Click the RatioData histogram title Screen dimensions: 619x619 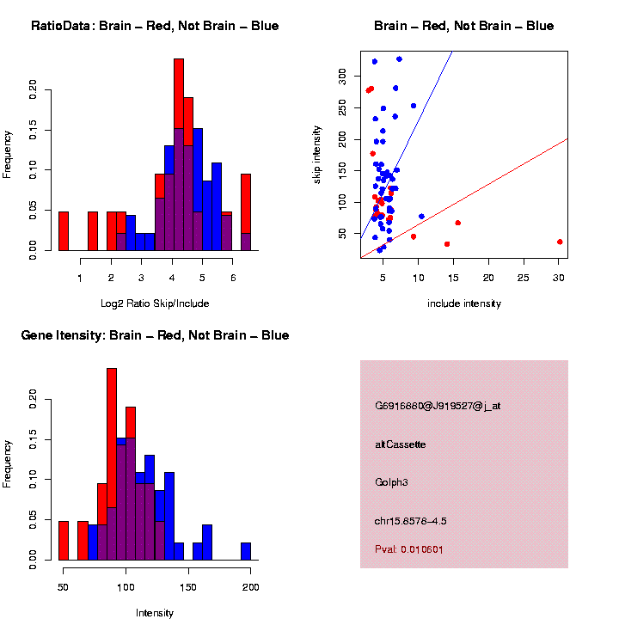pos(155,26)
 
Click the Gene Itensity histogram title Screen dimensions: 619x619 pos(155,335)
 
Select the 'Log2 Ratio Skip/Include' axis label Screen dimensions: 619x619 pos(155,303)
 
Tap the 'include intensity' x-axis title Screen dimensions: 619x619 pos(464,303)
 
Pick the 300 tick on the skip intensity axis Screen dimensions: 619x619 pos(342,76)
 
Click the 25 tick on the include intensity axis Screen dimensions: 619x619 pos(524,278)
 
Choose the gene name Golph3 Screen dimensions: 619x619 pos(391,482)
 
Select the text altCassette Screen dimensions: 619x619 pos(401,444)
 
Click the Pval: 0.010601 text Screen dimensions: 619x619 pos(409,549)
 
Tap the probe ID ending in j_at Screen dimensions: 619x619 pos(438,406)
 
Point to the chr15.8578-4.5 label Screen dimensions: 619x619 pos(411,521)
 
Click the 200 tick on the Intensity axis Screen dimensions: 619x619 pos(250,587)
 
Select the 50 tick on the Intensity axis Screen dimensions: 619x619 pos(64,587)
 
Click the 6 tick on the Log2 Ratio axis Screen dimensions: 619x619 pos(232,278)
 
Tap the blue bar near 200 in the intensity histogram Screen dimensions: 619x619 pos(246,551)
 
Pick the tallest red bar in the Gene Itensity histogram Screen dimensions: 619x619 pos(112,464)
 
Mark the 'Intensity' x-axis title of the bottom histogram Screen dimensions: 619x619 pos(155,613)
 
